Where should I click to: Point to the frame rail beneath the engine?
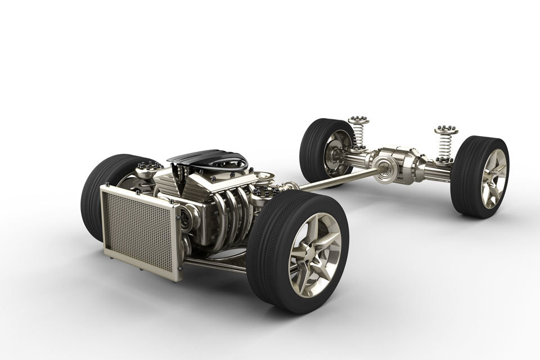[219, 264]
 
